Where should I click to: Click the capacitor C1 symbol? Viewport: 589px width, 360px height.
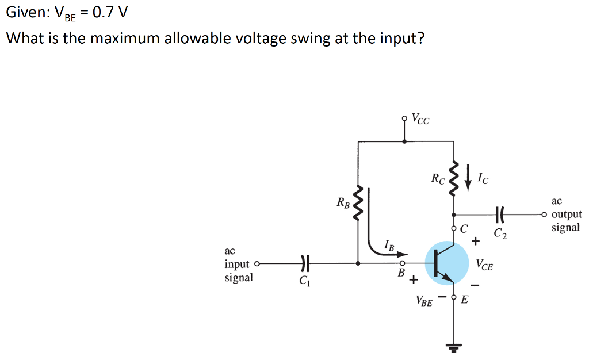click(x=305, y=263)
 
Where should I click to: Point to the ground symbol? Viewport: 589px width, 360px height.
click(x=454, y=346)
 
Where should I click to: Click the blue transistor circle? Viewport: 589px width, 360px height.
click(x=447, y=263)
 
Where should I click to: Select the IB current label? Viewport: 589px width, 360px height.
click(x=389, y=247)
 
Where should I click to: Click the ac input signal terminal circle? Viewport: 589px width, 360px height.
click(x=257, y=264)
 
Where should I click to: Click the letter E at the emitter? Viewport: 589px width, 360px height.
click(x=465, y=298)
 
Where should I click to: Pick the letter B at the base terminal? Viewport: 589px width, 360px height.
click(x=401, y=271)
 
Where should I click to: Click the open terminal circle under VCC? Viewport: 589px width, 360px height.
click(x=405, y=119)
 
